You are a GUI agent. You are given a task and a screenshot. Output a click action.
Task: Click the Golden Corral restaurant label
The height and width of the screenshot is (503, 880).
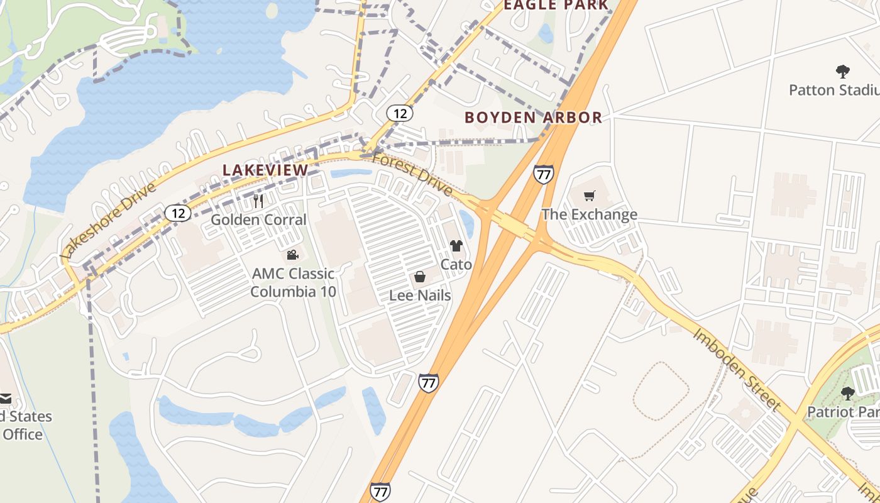[x=258, y=219]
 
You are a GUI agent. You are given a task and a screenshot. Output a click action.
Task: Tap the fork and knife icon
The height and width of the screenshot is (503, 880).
[x=258, y=201]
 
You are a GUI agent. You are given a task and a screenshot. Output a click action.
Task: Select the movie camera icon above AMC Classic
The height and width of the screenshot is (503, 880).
[x=292, y=255]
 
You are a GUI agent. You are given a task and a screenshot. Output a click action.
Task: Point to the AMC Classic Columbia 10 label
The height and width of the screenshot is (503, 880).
[x=293, y=283]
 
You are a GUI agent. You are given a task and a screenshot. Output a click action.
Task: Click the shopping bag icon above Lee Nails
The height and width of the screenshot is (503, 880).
[x=419, y=277]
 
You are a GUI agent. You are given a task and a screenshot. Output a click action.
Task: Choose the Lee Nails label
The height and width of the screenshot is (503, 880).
[x=420, y=295]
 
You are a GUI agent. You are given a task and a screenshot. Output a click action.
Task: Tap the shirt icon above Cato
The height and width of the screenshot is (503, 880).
[x=456, y=246]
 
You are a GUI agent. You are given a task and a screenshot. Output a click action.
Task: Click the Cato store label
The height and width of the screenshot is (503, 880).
[x=456, y=264]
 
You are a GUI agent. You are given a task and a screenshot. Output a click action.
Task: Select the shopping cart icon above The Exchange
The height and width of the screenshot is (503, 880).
[x=589, y=196]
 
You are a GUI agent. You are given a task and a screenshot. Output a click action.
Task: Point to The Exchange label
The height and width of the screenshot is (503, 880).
[x=590, y=214]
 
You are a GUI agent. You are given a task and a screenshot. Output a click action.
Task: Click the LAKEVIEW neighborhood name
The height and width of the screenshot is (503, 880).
[x=266, y=170]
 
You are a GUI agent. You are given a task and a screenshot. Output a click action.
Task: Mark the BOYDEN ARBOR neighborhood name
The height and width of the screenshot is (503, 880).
[x=533, y=117]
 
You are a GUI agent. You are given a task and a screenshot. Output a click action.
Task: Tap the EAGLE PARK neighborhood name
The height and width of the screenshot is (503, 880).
[x=556, y=5]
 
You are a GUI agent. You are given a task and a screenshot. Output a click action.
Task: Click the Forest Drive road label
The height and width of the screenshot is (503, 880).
[x=412, y=174]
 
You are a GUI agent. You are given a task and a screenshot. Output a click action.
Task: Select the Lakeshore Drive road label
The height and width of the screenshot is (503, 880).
[x=108, y=221]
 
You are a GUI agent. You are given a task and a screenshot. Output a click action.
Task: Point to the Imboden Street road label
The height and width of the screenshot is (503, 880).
[x=737, y=369]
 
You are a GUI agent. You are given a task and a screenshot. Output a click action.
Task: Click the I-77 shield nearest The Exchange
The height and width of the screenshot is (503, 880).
[x=543, y=174]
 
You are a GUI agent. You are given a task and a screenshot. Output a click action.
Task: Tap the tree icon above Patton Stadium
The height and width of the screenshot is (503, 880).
[x=842, y=72]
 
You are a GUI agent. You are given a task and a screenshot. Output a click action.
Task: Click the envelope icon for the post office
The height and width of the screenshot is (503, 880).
[x=5, y=399]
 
